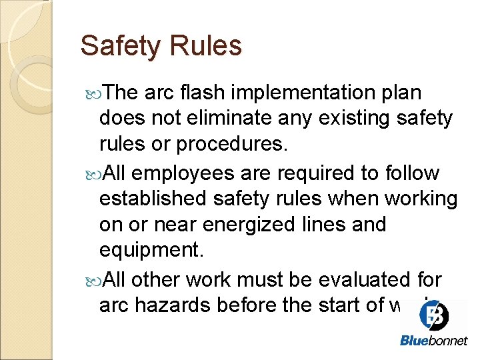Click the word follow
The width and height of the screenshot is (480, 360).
coord(411,173)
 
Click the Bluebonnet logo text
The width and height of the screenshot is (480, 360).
coord(433,341)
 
